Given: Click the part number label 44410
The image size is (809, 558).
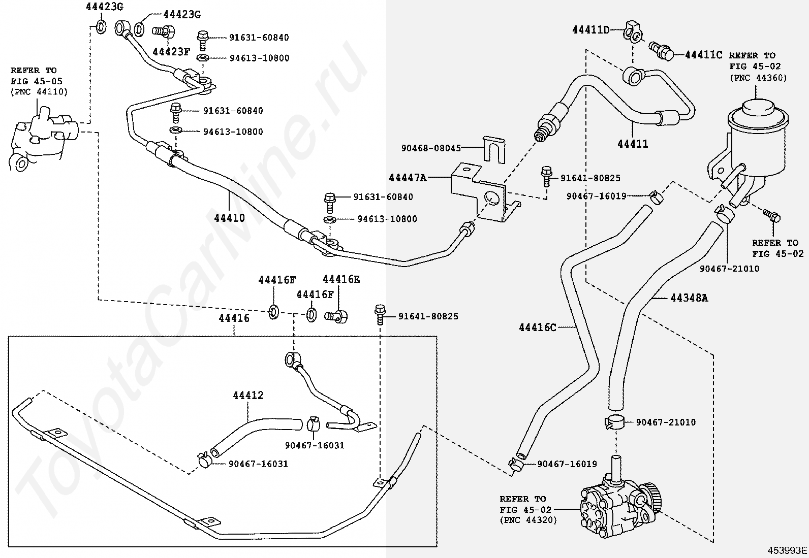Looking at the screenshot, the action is [x=229, y=218].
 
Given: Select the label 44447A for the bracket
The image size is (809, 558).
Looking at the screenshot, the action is [x=408, y=178].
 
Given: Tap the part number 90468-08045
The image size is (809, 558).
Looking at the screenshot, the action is [x=431, y=148].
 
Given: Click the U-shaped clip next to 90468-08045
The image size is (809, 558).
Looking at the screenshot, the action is [x=494, y=150].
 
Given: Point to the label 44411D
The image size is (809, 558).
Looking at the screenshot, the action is [x=591, y=29].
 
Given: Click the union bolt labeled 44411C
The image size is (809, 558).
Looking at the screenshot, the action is [x=662, y=52].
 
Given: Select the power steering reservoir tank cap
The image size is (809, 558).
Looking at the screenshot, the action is [x=758, y=109].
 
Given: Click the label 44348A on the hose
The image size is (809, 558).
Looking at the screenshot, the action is [x=689, y=298].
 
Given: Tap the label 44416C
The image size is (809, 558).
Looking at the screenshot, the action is [x=538, y=327].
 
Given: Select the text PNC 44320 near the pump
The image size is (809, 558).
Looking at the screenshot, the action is [x=528, y=520].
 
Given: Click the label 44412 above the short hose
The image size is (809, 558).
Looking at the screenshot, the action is [x=248, y=395].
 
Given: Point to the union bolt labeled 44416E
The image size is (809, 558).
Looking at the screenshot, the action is [x=336, y=316].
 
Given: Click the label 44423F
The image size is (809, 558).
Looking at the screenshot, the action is [x=171, y=52].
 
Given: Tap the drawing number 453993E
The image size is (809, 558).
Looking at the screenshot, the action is [x=787, y=550].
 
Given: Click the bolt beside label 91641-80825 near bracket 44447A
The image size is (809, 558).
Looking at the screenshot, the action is [x=546, y=176].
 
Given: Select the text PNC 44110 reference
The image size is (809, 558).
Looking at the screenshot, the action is [x=39, y=92].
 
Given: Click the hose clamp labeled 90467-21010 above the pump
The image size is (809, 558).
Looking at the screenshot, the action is [x=615, y=422].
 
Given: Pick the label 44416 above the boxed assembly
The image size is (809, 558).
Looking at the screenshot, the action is [x=234, y=318].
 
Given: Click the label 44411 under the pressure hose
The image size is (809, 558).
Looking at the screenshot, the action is [x=633, y=144].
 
